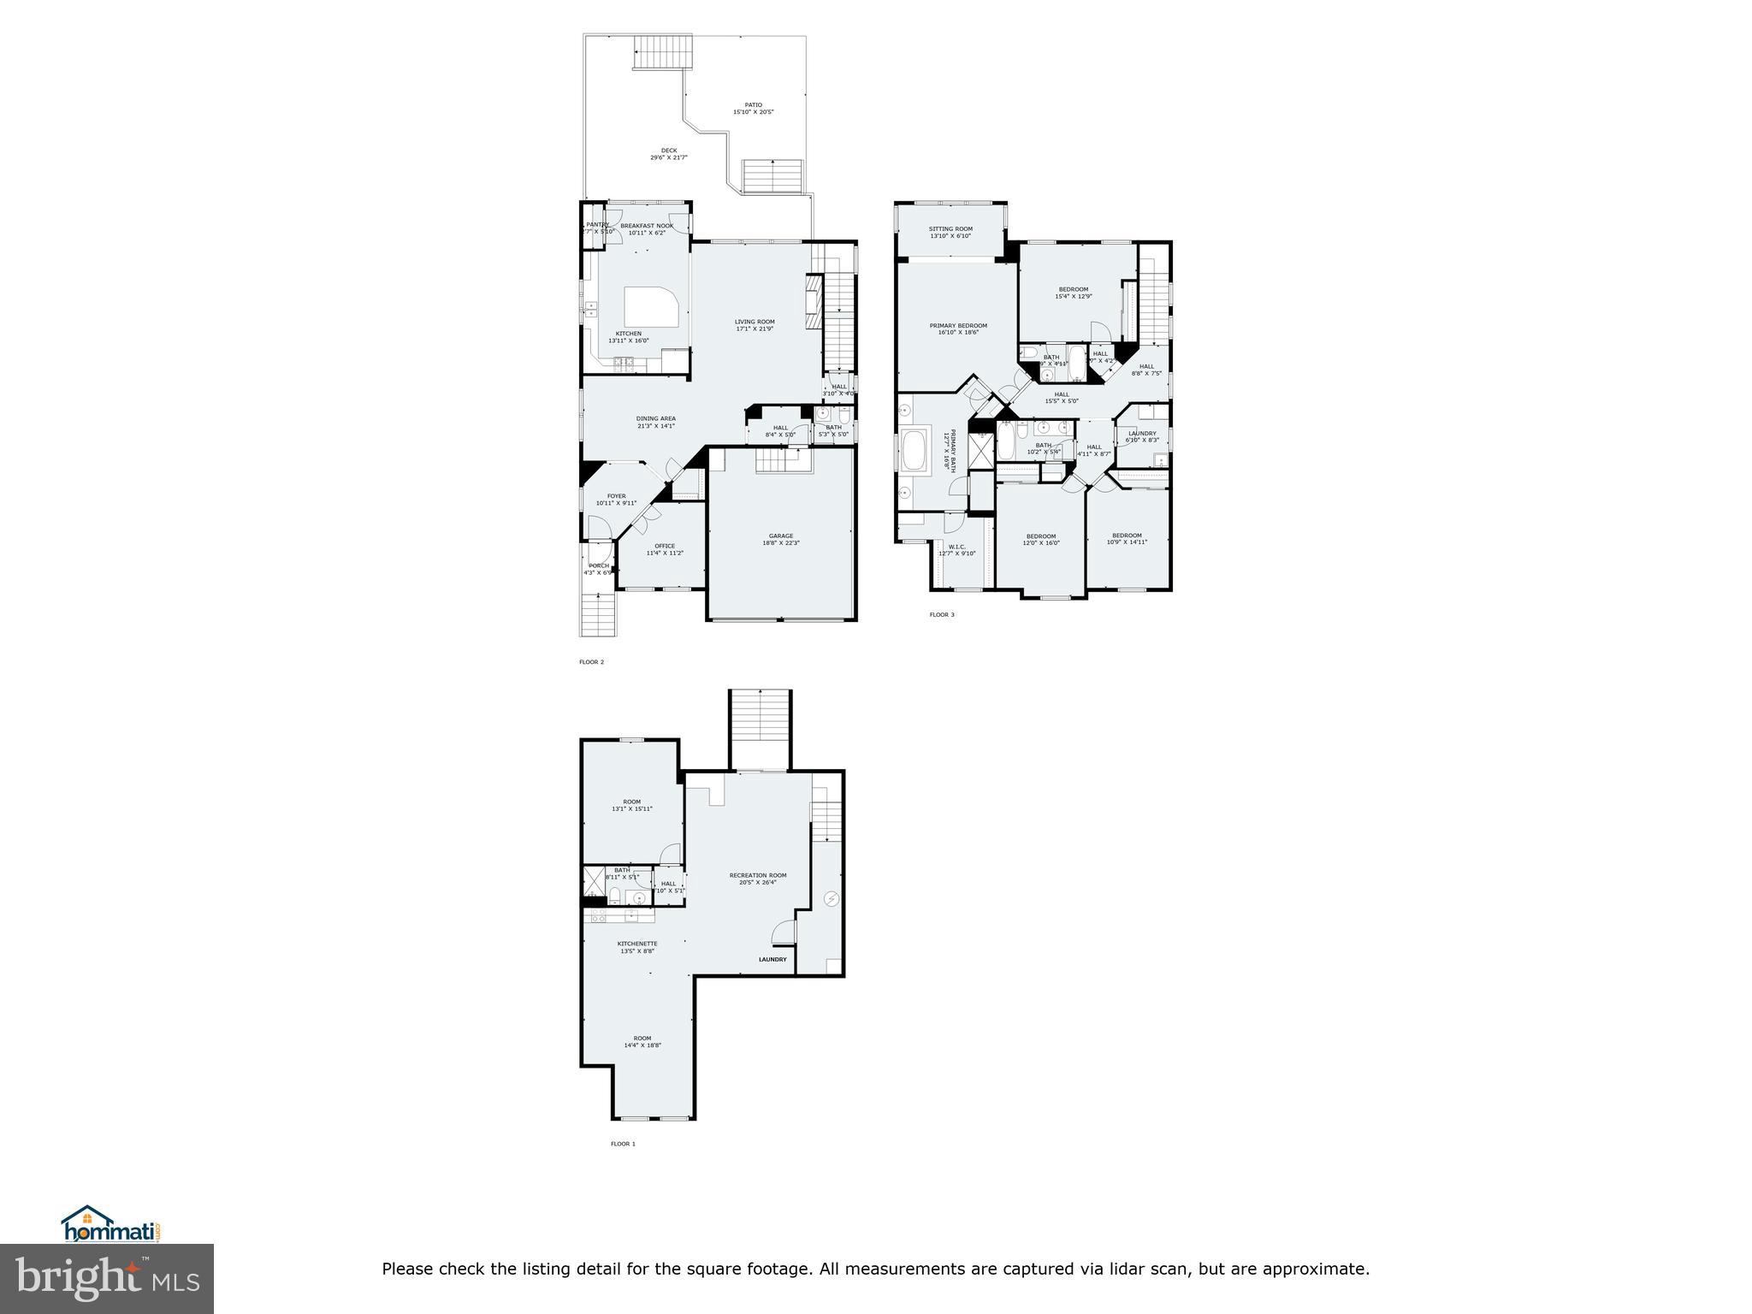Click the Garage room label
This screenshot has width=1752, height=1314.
pyautogui.click(x=780, y=536)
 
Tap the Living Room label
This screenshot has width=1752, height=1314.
pyautogui.click(x=755, y=322)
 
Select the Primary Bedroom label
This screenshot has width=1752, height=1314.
pyautogui.click(x=958, y=325)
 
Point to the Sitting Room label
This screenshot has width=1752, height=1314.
pyautogui.click(x=950, y=229)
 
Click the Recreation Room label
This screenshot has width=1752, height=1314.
pyautogui.click(x=757, y=875)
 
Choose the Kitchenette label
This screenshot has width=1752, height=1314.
pyautogui.click(x=637, y=944)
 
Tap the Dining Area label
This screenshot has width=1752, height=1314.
pyautogui.click(x=655, y=418)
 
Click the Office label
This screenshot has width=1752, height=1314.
pyautogui.click(x=665, y=546)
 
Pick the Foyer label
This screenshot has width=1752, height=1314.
pyautogui.click(x=616, y=496)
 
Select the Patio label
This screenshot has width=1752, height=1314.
pyautogui.click(x=753, y=105)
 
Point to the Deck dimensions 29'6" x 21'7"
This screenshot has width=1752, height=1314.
pyautogui.click(x=669, y=157)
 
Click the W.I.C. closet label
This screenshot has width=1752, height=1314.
pyautogui.click(x=956, y=547)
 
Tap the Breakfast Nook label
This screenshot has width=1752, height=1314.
pyautogui.click(x=647, y=226)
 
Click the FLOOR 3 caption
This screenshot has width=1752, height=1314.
pyautogui.click(x=942, y=614)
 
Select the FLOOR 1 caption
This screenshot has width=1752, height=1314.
pyautogui.click(x=623, y=1144)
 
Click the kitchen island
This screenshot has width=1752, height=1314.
pyautogui.click(x=654, y=306)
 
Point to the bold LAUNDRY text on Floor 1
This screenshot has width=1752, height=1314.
pyautogui.click(x=772, y=960)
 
